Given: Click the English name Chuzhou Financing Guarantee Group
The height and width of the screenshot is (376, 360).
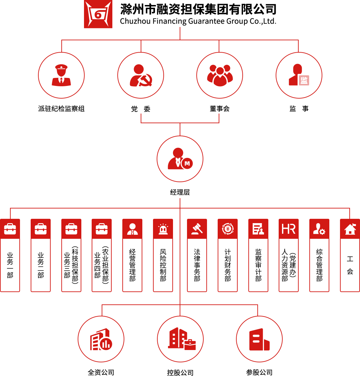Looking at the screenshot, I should (198, 21).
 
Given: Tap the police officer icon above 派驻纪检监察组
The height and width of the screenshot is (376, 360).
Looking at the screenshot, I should (61, 75).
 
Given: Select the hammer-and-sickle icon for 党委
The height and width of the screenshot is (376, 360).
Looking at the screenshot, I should (141, 75).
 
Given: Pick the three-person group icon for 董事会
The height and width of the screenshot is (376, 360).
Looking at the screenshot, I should (220, 75).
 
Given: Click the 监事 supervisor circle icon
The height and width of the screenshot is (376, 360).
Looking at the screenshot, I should (299, 75).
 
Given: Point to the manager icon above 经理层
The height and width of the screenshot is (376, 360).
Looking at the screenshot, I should (180, 159).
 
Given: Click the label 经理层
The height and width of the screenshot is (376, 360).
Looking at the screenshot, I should (180, 192).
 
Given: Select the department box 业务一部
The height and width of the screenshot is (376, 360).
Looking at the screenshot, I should (10, 265).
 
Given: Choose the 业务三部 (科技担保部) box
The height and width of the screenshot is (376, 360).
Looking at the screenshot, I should (71, 265).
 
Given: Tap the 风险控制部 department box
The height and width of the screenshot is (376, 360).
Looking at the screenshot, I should (163, 265).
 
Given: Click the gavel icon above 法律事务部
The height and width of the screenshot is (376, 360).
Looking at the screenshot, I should (197, 229).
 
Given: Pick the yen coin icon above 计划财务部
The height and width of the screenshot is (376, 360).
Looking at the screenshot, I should (228, 229).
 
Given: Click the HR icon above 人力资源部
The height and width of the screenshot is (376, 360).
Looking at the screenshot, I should (289, 229).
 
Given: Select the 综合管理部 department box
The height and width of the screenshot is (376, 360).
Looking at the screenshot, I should (319, 265).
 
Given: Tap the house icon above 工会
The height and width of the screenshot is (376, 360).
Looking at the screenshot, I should (350, 229).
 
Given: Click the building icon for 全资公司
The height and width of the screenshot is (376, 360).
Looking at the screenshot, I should (101, 339).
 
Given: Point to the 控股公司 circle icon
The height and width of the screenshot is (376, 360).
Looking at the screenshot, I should (180, 339).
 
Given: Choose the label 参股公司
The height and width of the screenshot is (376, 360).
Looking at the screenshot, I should (259, 372).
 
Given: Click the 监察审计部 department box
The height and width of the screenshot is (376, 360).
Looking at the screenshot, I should (258, 265).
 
